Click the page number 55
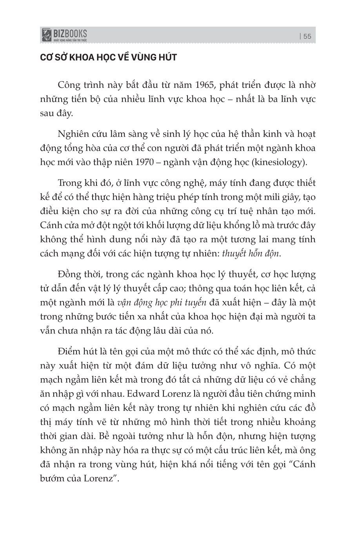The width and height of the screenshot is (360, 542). pos(307,36)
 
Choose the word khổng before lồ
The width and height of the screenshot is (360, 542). pos(242,225)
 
